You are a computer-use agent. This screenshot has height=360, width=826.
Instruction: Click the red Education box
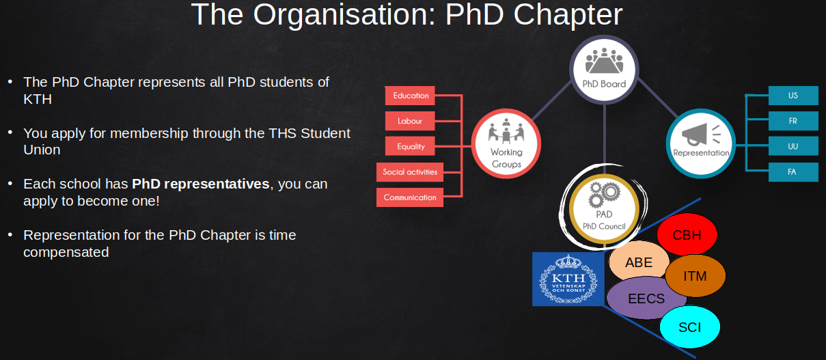(x=410, y=96)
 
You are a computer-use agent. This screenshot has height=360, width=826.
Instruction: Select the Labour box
(x=410, y=121)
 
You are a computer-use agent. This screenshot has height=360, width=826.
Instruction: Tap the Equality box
(x=410, y=146)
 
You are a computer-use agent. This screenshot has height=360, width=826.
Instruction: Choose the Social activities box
(x=410, y=172)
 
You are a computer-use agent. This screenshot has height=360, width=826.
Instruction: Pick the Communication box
(x=410, y=197)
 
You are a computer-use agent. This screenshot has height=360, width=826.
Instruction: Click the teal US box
(x=793, y=96)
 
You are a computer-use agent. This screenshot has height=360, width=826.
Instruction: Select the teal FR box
(x=793, y=121)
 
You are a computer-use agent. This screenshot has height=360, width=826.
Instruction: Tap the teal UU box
(x=793, y=146)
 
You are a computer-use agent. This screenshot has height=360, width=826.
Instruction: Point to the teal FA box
(x=793, y=172)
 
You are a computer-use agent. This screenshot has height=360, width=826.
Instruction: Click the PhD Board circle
(x=604, y=70)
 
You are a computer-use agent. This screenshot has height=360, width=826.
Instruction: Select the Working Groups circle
(x=506, y=143)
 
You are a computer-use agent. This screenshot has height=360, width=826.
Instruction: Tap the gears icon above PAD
(x=604, y=195)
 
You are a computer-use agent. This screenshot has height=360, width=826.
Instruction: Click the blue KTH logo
(x=568, y=279)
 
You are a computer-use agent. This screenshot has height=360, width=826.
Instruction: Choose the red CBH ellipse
(x=687, y=234)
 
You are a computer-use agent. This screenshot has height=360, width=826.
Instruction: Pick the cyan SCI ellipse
(x=689, y=327)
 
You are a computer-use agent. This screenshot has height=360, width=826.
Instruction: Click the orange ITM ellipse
(x=695, y=276)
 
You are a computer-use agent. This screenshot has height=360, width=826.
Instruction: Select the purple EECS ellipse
(x=646, y=299)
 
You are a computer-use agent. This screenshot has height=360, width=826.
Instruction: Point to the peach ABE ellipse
(x=639, y=262)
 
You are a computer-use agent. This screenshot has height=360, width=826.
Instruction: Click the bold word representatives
(x=217, y=184)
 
